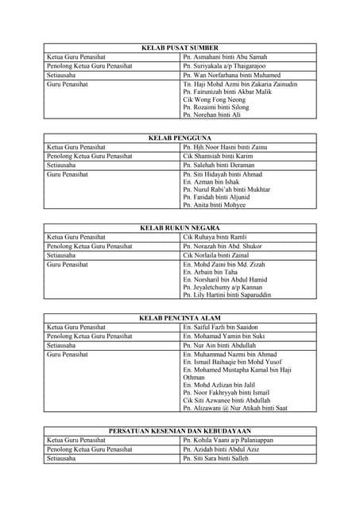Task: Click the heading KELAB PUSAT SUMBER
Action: pos(180,48)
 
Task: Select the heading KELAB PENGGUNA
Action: pos(180,138)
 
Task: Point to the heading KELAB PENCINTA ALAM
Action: pos(180,318)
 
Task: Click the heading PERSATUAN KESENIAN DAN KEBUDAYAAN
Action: pos(180,430)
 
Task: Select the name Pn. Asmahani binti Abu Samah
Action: pos(225,56)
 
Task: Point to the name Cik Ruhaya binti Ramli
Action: pos(215,237)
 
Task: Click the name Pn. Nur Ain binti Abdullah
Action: pos(219,346)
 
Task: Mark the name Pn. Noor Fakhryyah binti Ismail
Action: pos(226,392)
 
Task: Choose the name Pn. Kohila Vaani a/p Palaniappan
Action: pos(227,440)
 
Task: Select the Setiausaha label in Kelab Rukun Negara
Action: pos(61,255)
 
